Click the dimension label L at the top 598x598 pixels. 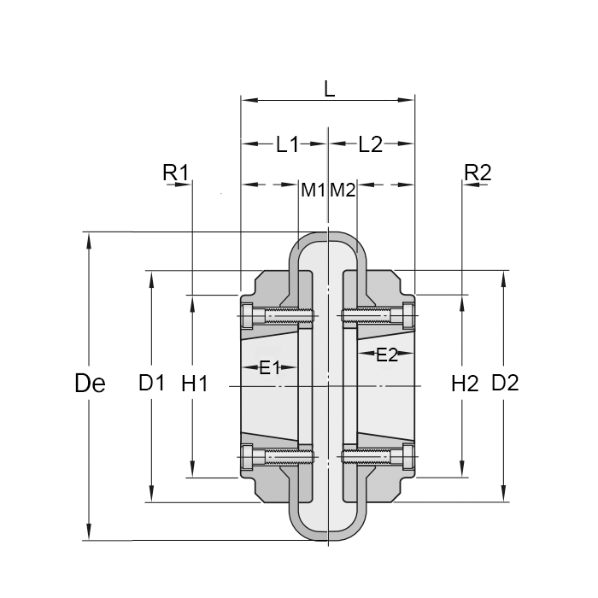pyautogui.click(x=329, y=87)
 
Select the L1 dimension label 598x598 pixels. pyautogui.click(x=287, y=144)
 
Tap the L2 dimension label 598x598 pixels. pyautogui.click(x=370, y=144)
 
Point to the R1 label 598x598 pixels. pyautogui.click(x=175, y=173)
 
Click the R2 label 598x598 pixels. pyautogui.click(x=478, y=173)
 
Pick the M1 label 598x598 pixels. pyautogui.click(x=313, y=190)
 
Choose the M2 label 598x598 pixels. pyautogui.click(x=343, y=190)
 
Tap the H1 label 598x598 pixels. pyautogui.click(x=195, y=384)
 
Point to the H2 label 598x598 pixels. pyautogui.click(x=464, y=384)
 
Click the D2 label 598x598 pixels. pyautogui.click(x=505, y=384)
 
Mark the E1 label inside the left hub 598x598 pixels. pyautogui.click(x=270, y=368)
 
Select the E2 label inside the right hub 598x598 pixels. pyautogui.click(x=387, y=355)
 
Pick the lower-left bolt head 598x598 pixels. pyautogui.click(x=249, y=457)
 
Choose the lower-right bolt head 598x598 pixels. pyautogui.click(x=407, y=457)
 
